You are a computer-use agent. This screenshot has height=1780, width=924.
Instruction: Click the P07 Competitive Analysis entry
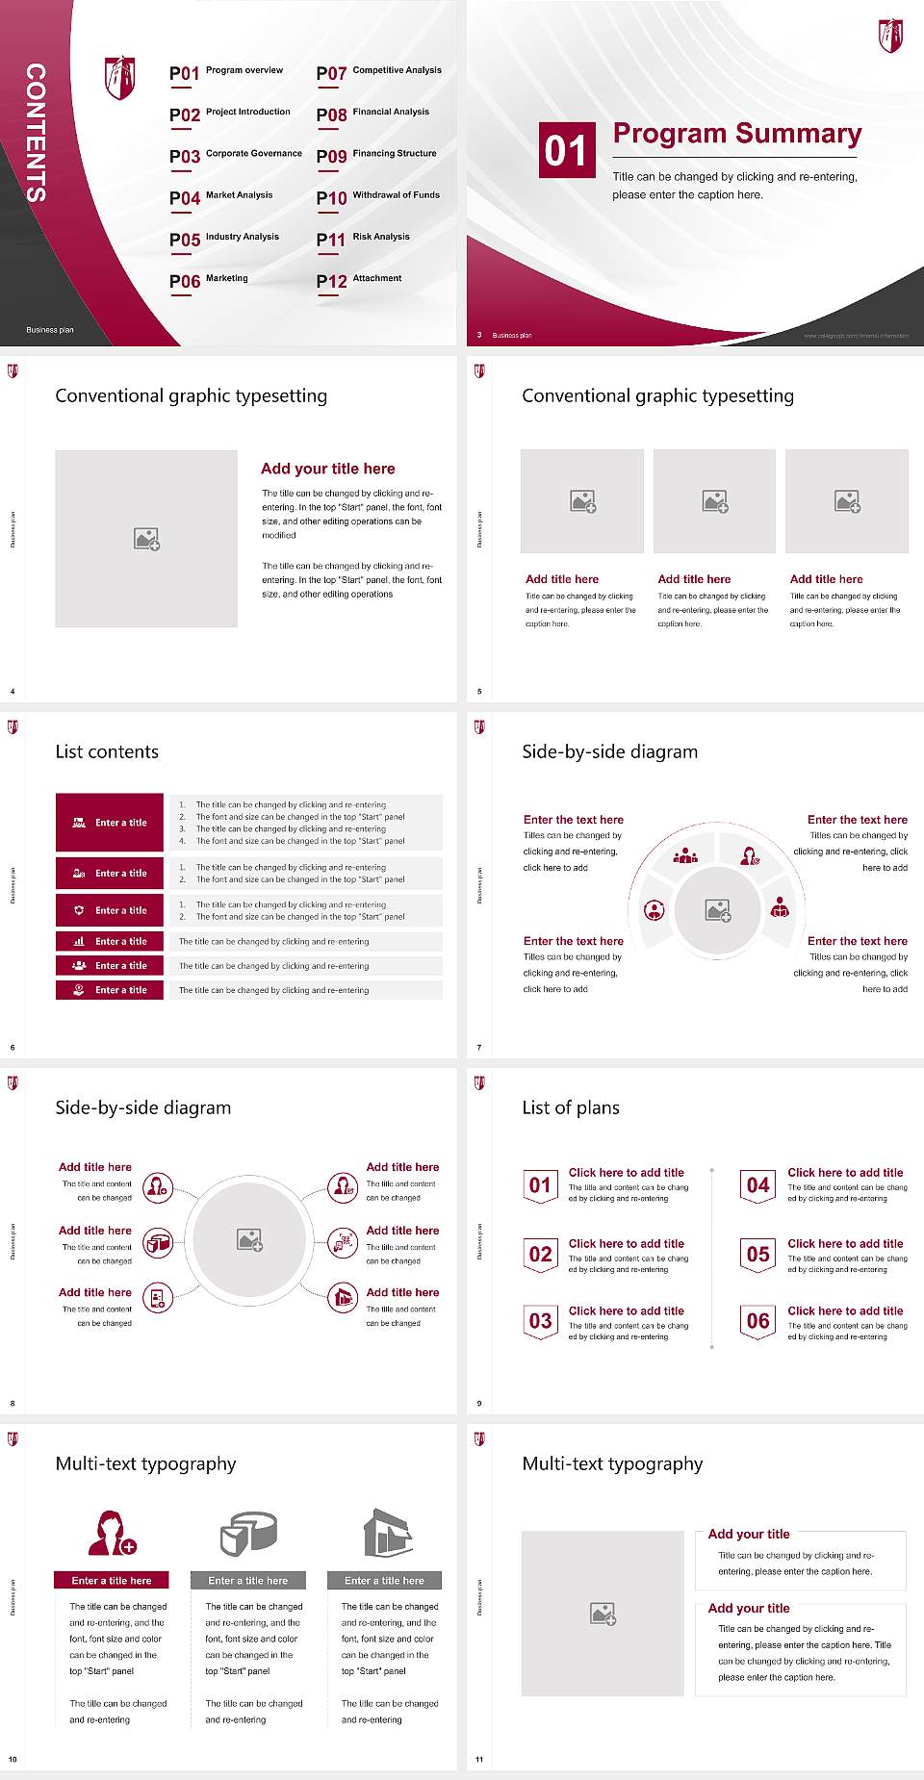pos(378,72)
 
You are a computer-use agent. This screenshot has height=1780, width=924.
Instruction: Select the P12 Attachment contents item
pos(359,280)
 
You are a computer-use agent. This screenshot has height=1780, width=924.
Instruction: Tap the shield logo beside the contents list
pos(119,78)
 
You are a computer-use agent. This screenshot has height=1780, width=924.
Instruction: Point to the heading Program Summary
pos(736,134)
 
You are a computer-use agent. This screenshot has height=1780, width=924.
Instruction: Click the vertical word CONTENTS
pos(36,132)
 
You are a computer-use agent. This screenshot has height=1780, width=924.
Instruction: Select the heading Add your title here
pos(327,469)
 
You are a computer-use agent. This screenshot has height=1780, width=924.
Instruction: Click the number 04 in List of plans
pos(757,1185)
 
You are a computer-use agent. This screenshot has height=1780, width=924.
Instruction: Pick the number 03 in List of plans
pos(540,1321)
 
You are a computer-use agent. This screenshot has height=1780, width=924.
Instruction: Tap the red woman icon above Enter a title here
pos(112,1534)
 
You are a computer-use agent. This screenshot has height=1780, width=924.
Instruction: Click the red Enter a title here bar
pos(112,1580)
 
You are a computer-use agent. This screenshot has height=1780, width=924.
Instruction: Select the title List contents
pos(107,751)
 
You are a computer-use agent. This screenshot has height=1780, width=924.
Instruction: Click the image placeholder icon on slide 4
pos(146,539)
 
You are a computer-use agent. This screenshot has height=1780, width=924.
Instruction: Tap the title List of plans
pos(571,1107)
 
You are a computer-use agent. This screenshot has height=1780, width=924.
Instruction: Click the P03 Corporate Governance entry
pos(235,155)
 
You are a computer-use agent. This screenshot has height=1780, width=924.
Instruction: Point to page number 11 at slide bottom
pos(479,1759)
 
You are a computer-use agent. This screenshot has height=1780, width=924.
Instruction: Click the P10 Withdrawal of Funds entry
pos(377,196)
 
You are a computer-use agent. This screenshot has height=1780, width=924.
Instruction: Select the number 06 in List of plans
pos(757,1321)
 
